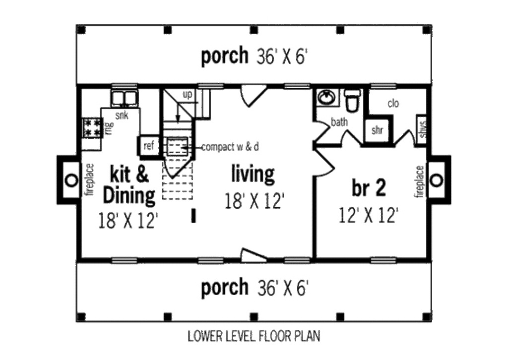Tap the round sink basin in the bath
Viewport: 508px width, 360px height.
[x=326, y=97]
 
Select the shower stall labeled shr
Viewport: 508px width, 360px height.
[x=378, y=130]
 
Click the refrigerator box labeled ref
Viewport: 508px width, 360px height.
[x=149, y=146]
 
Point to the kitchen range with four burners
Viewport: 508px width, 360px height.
[x=92, y=128]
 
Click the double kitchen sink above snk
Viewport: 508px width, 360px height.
[x=125, y=98]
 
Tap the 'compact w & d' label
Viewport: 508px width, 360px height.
[x=230, y=147]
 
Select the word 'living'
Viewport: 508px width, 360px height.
[x=253, y=174]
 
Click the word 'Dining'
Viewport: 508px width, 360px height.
[x=129, y=195]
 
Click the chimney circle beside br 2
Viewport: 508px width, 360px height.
[x=437, y=180]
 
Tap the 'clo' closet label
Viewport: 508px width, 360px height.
[x=393, y=104]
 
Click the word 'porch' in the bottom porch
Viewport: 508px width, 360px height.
[x=225, y=288]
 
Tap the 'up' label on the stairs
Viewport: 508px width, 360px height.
[x=187, y=95]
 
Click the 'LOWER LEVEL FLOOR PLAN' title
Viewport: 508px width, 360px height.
[x=254, y=336]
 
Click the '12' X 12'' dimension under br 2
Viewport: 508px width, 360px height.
[x=369, y=215]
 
